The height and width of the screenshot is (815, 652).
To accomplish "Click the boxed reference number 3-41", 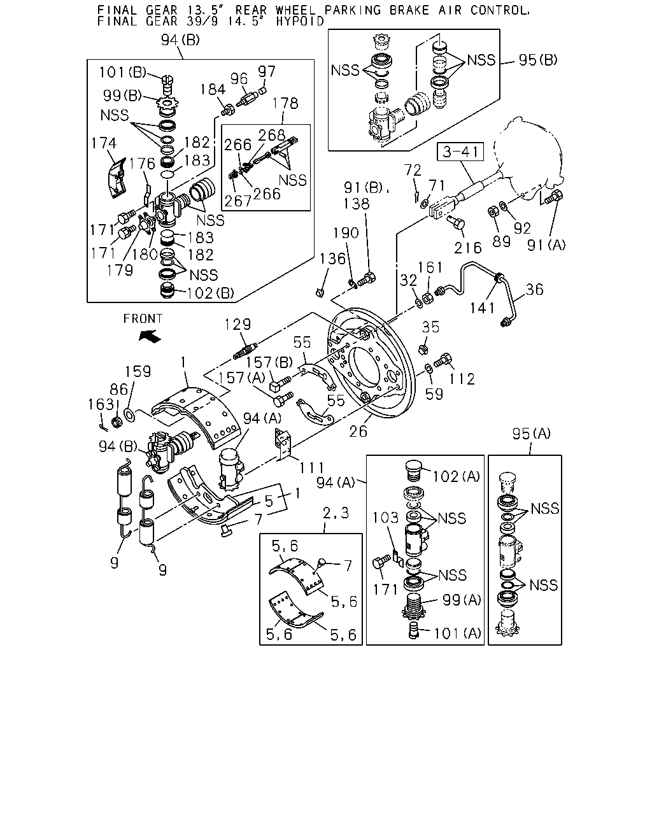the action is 460,152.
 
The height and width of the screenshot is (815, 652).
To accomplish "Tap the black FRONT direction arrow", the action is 150,336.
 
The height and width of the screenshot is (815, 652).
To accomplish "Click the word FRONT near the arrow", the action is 143,319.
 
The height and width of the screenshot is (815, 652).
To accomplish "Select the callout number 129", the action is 237,325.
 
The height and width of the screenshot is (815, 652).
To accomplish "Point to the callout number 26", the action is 358,431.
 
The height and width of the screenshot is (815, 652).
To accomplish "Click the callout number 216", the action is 468,248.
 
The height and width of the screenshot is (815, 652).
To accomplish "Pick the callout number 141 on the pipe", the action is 482,308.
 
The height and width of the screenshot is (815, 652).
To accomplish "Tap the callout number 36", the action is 535,290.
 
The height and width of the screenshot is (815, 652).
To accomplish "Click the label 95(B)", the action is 538,60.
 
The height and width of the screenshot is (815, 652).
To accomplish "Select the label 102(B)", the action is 211,293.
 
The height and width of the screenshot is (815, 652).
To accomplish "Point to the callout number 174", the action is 104,143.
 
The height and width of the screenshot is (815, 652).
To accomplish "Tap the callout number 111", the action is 311,468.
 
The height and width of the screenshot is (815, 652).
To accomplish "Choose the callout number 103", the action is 385,518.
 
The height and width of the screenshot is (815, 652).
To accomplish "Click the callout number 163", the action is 101,404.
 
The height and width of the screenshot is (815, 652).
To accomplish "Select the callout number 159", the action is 138,371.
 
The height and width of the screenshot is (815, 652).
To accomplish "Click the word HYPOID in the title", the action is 300,21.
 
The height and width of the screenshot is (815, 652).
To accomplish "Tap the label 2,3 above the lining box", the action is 336,513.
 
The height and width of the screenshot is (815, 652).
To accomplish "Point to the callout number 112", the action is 462,379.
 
